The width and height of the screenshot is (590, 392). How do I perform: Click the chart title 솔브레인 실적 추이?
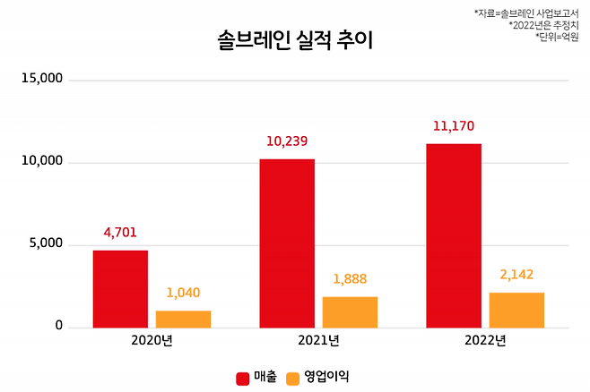pyautogui.click(x=294, y=40)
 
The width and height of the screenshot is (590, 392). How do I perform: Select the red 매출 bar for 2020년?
pyautogui.click(x=120, y=289)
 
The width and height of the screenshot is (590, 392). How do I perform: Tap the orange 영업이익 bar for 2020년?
pyautogui.click(x=183, y=319)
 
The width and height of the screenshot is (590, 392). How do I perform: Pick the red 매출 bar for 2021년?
pyautogui.click(x=287, y=243)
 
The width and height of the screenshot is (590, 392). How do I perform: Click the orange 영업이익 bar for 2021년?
pyautogui.click(x=350, y=311)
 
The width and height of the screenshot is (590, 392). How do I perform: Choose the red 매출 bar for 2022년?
pyautogui.click(x=454, y=235)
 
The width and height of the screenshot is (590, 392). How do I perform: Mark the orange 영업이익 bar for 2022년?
pyautogui.click(x=516, y=310)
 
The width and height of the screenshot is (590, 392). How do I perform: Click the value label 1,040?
pyautogui.click(x=183, y=294)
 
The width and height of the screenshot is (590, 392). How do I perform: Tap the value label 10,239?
pyautogui.click(x=287, y=141)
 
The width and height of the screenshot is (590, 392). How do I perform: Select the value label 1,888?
pyautogui.click(x=350, y=279)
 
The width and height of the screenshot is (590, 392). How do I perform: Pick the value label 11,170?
pyautogui.click(x=454, y=126)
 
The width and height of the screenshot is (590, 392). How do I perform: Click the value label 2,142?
pyautogui.click(x=516, y=275)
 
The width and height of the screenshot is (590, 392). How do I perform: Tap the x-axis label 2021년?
pyautogui.click(x=318, y=341)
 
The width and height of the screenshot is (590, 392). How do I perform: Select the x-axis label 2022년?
pyautogui.click(x=485, y=341)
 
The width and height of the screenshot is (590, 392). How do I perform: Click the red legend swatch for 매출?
pyautogui.click(x=242, y=378)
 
